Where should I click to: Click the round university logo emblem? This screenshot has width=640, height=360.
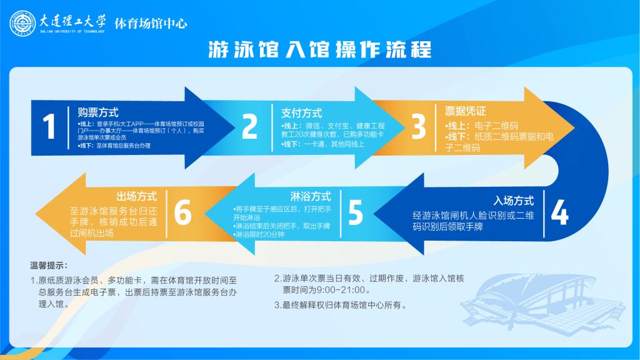click(22, 23)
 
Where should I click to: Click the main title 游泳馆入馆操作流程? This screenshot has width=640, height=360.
click(320, 49)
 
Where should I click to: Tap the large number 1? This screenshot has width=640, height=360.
click(49, 126)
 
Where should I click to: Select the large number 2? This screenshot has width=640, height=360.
click(249, 126)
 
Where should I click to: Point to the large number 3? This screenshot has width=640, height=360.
click(418, 126)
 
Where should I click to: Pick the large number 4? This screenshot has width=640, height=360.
click(559, 212)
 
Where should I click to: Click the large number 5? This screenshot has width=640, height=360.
click(356, 212)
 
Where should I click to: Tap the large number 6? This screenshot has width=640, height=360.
click(182, 212)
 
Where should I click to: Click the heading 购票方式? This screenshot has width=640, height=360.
click(98, 112)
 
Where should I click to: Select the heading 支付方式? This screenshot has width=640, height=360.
click(302, 113)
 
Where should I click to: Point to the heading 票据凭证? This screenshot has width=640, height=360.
click(465, 111)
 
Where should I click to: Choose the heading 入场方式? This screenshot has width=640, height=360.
click(514, 201)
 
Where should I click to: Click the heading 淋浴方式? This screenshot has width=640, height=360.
click(311, 196)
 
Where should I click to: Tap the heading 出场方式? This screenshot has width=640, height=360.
click(137, 196)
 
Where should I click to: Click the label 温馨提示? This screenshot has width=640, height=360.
click(49, 266)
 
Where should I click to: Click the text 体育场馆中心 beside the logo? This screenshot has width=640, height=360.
click(151, 24)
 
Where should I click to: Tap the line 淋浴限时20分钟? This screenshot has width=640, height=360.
click(259, 235)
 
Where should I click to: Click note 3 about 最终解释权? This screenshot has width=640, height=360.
click(341, 305)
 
